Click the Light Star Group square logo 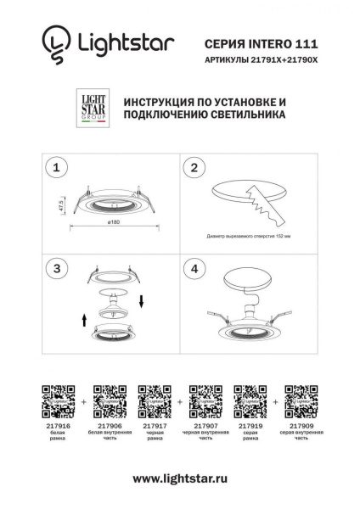[91, 110]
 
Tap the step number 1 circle [57, 168]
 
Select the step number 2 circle [195, 168]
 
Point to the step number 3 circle [57, 269]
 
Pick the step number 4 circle [195, 269]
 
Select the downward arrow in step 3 [142, 299]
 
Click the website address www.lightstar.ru [180, 480]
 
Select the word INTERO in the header [264, 41]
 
